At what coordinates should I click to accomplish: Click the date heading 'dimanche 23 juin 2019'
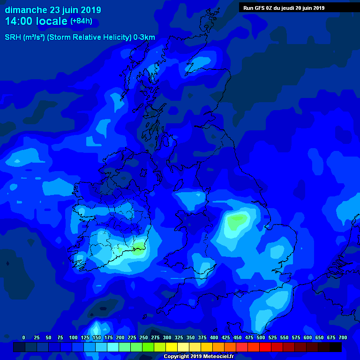pos(52,10)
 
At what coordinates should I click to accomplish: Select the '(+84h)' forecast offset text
pos(81,21)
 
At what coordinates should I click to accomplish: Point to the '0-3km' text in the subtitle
pos(144,37)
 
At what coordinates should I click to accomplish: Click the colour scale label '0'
pos(24,337)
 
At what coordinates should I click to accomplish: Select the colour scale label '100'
pos(73,337)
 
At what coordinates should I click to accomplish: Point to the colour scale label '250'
pos(143,337)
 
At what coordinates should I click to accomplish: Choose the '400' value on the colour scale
pos(214,337)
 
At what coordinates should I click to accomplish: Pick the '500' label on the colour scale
pos(261,337)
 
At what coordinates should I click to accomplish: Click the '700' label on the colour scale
pos(343,337)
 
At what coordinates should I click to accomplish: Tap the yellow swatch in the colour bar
pos(172,347)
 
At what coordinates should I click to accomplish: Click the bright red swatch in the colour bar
pos(265,347)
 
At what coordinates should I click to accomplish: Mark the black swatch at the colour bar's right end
pos(336,347)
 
